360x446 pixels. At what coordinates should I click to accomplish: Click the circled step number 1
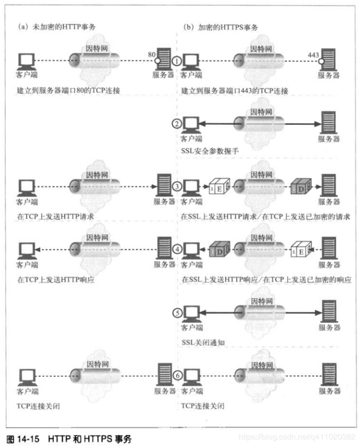(x=176, y=60)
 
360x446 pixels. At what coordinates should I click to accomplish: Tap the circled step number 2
(x=176, y=123)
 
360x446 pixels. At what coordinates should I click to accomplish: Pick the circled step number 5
(x=176, y=313)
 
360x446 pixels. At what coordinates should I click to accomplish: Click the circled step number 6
(x=176, y=375)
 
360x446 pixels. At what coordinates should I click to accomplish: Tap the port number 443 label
(x=314, y=55)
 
